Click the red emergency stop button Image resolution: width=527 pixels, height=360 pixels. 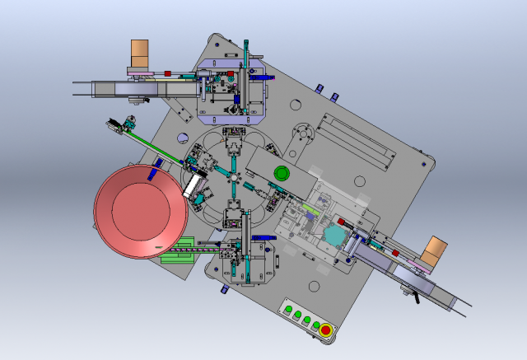(325, 331)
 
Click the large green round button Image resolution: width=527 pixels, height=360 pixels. (282, 173)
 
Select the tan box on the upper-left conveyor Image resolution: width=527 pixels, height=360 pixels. (140, 56)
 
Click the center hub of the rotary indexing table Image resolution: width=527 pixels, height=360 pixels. (234, 178)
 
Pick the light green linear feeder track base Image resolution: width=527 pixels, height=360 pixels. (177, 250)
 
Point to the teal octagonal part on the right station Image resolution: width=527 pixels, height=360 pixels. (334, 236)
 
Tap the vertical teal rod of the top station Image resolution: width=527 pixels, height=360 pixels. (245, 74)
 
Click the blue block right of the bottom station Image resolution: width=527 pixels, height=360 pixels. (263, 239)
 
